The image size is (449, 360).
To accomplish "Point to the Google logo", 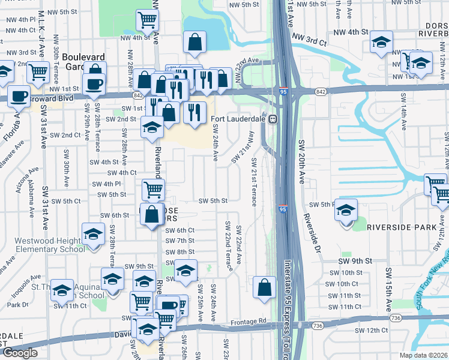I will pyautogui.click(x=20, y=353).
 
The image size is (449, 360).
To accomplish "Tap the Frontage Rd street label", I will pyautogui.click(x=248, y=322).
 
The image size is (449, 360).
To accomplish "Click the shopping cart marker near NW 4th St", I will pyautogui.click(x=147, y=20).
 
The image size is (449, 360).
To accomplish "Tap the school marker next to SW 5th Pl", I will pyautogui.click(x=346, y=210).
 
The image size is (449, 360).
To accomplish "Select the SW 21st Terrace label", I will pyautogui.click(x=255, y=182).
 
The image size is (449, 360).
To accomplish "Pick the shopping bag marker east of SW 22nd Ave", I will pyautogui.click(x=264, y=287).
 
